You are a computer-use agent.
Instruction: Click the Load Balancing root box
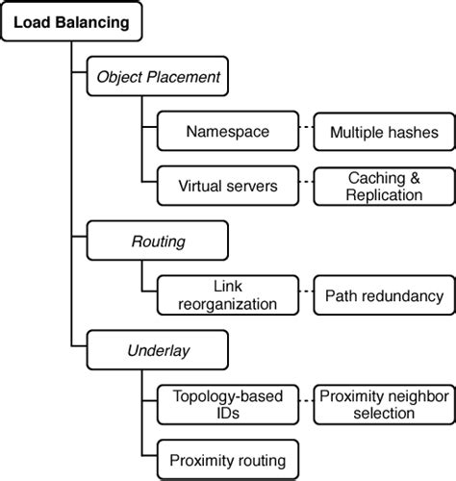(x=72, y=22)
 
